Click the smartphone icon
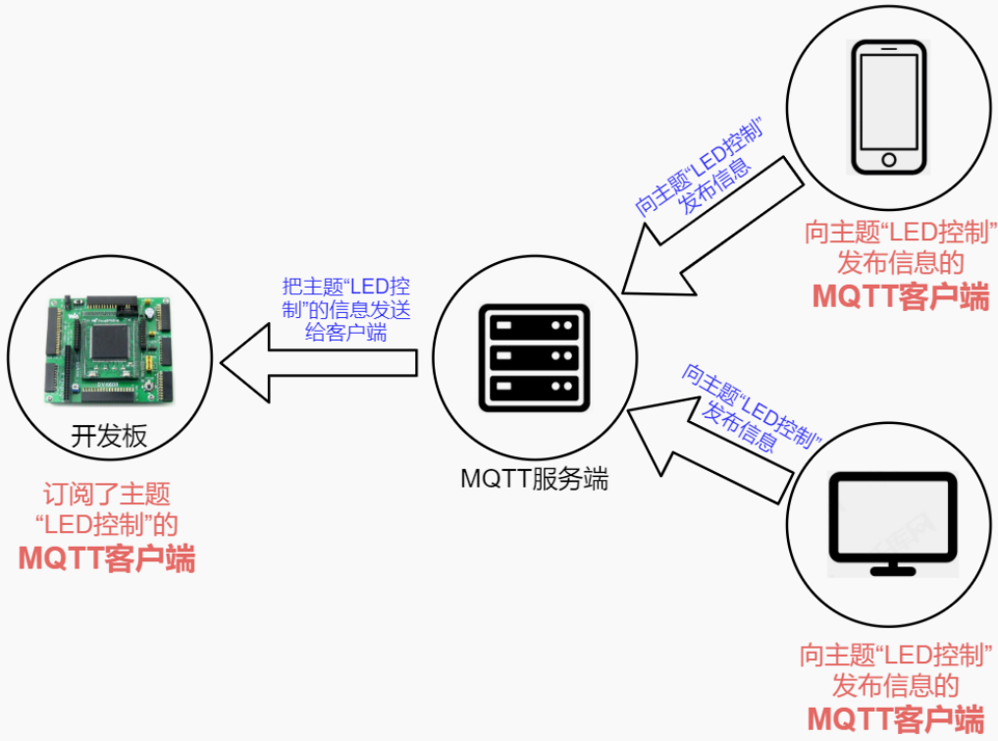tap(889, 107)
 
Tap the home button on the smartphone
tap(889, 159)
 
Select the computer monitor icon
tap(893, 524)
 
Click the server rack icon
tap(534, 358)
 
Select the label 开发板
tap(109, 436)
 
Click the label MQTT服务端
tap(534, 479)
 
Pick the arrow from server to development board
tap(318, 363)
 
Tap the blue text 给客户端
tap(345, 333)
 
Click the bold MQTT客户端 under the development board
tap(106, 558)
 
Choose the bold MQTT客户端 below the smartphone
tap(901, 296)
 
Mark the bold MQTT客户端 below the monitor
tap(896, 719)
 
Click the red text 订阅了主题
tap(107, 494)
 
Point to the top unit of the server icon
tap(534, 326)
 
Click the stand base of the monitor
tap(893, 570)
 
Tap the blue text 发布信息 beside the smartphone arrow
tap(714, 186)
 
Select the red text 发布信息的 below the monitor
tap(896, 686)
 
